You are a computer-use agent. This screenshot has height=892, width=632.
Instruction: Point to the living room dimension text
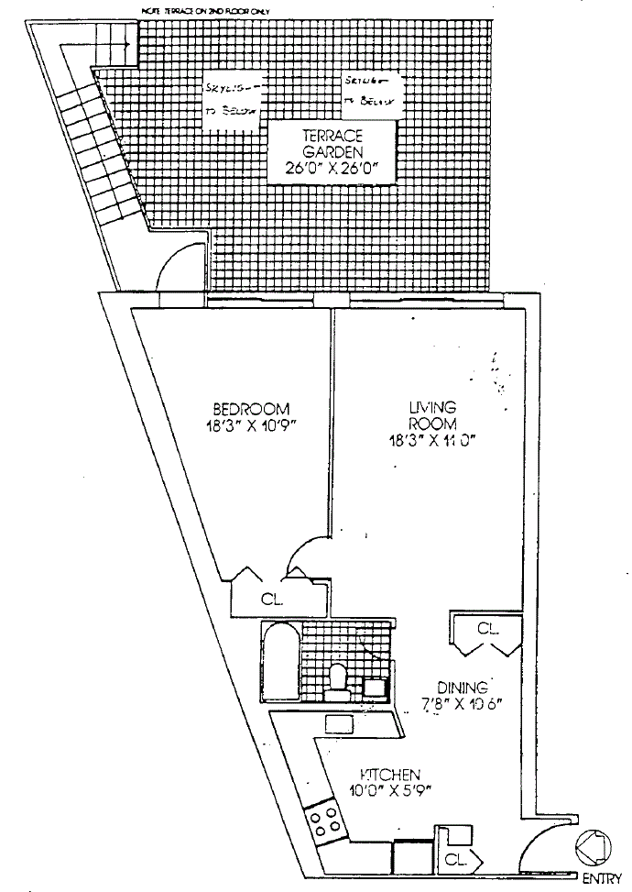point(433,441)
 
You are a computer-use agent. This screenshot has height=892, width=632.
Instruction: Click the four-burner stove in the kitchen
point(324,819)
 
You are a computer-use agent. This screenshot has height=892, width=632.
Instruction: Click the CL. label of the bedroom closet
point(270,601)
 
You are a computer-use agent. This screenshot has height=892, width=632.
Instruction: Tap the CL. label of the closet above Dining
point(487,629)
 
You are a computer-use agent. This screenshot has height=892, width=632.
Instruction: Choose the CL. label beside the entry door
point(456,861)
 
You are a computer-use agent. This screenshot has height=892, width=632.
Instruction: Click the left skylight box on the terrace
point(233,95)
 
